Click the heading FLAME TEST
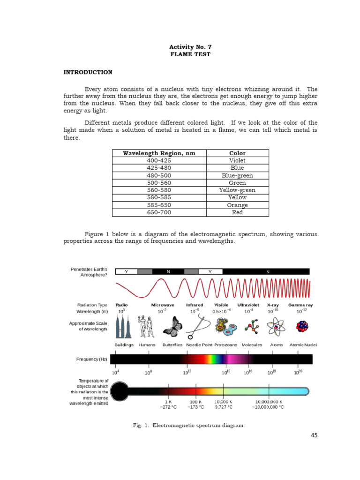click(x=190, y=54)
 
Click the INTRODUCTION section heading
click(x=88, y=72)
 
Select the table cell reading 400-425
click(x=159, y=160)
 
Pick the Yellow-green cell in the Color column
click(x=237, y=190)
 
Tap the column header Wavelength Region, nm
click(x=159, y=153)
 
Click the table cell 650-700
click(x=159, y=212)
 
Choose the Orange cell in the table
click(x=237, y=205)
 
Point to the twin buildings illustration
click(x=124, y=325)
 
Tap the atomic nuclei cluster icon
click(x=302, y=326)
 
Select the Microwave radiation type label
click(x=163, y=305)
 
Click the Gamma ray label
click(x=301, y=305)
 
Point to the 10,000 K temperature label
click(x=224, y=402)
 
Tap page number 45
click(x=314, y=435)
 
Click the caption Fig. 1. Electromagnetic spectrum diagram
click(x=189, y=425)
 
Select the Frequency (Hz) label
click(x=92, y=359)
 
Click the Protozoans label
click(x=226, y=345)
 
